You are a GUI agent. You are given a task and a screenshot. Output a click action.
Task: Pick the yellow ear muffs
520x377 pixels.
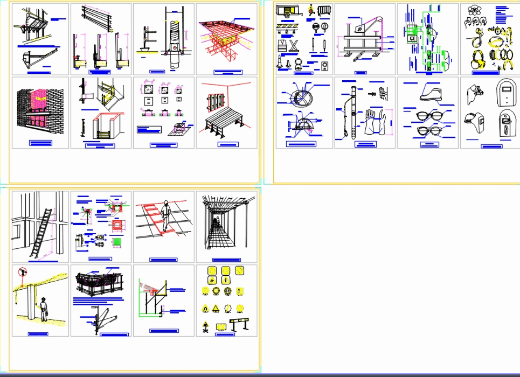pyautogui.click(x=476, y=58)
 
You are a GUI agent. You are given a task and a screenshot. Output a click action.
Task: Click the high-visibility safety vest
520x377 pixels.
pyautogui.click(x=295, y=45)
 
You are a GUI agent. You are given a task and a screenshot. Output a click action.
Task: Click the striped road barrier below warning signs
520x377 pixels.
pyautogui.click(x=240, y=325)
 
